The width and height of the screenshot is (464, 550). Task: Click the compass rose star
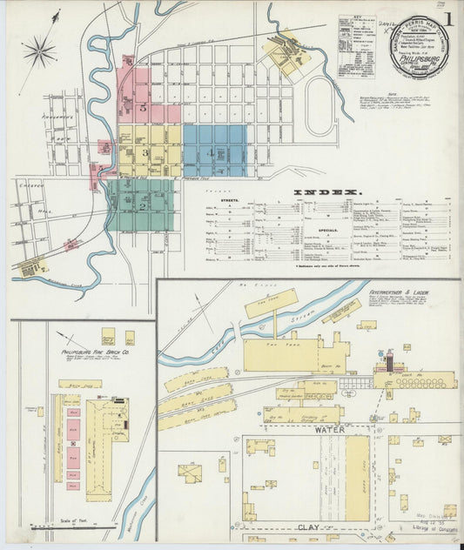(39, 52)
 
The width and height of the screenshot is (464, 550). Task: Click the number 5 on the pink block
(142, 108)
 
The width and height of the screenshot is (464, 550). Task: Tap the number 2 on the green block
(140, 206)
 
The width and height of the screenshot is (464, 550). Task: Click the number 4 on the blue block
(212, 152)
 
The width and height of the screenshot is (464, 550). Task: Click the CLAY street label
(309, 527)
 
